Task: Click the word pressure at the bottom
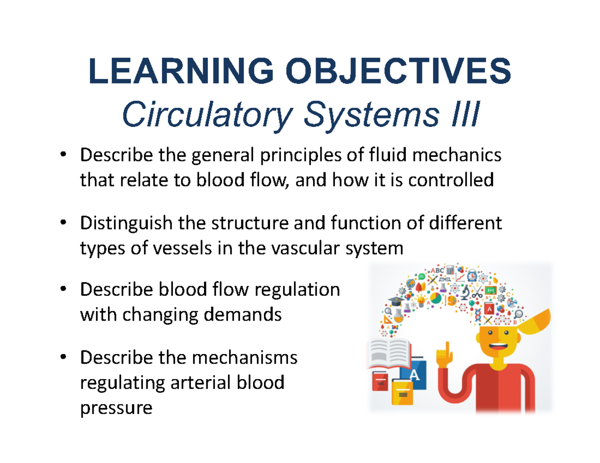(x=115, y=408)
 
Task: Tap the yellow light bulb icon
(x=421, y=302)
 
